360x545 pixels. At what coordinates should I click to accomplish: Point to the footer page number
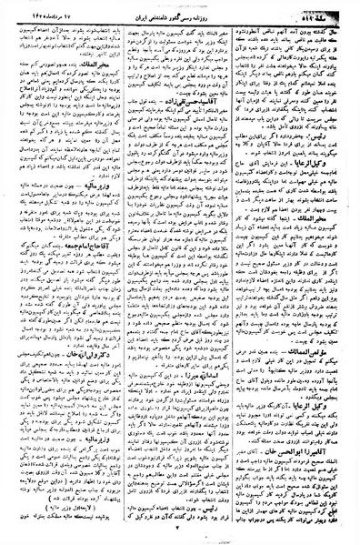[x=180, y=537]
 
